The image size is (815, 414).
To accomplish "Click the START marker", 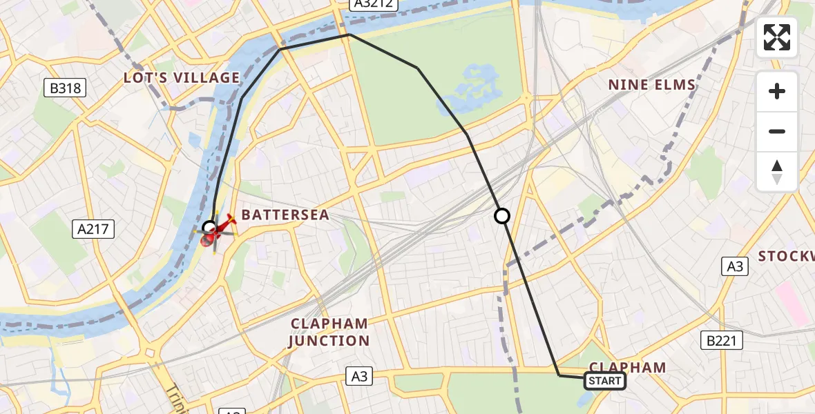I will coord(605,381).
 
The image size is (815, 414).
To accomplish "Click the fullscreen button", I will coord(777,37).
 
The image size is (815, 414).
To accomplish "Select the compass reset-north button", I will coord(777,172).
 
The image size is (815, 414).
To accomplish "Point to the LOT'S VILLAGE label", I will coord(182,78).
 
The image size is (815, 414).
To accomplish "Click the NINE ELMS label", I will coord(651,85).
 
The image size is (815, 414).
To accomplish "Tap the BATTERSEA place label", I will coord(285,215).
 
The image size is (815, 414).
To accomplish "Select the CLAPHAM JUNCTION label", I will coord(329,332).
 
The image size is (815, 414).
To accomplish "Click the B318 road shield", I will coord(65,88).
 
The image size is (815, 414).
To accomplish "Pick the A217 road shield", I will coord(93,229).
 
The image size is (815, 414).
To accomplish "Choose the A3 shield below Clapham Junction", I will coord(359,376).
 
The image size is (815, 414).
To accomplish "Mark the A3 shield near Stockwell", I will coord(735,266).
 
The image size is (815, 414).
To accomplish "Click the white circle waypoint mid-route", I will coord(502,216).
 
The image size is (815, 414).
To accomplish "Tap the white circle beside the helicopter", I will coord(209,227).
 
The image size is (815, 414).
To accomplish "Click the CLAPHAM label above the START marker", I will coord(626,367).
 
